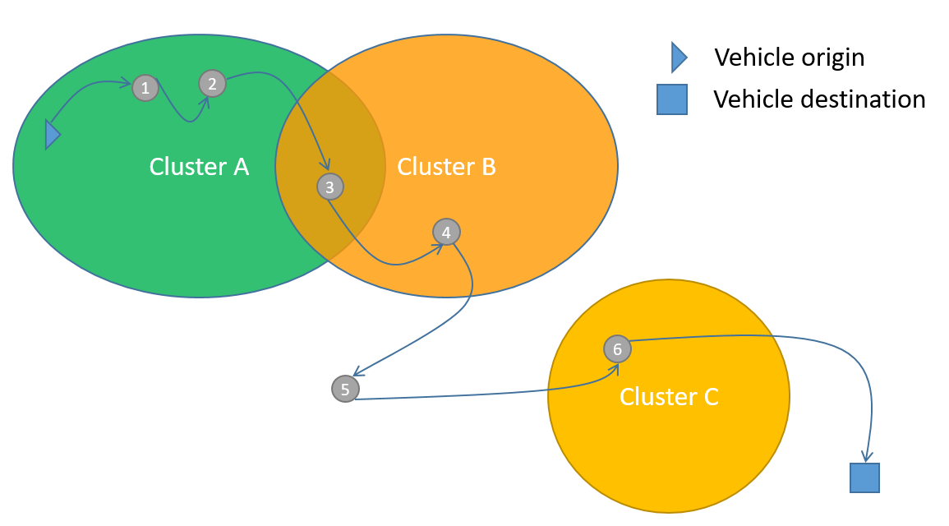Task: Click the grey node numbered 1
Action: click(145, 88)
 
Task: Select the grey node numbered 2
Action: click(212, 83)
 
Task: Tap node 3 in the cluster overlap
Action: click(329, 187)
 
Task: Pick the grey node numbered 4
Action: click(446, 233)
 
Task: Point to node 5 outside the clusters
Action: click(345, 388)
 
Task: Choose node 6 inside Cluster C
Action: click(617, 349)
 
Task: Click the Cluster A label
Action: click(199, 167)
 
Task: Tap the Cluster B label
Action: click(446, 167)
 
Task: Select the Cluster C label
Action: click(669, 397)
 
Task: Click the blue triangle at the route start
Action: click(53, 135)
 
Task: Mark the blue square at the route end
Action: click(864, 478)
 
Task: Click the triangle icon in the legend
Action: click(679, 57)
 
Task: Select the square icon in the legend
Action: click(670, 99)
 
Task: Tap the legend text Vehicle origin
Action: click(789, 58)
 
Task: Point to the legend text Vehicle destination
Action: click(819, 99)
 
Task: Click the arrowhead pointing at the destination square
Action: click(865, 456)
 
